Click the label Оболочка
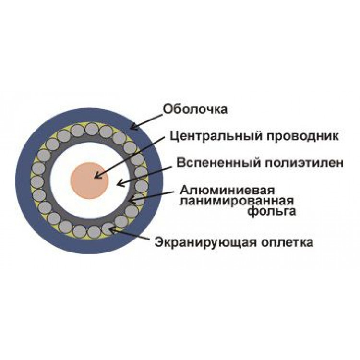[195, 109]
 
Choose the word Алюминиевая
[228, 191]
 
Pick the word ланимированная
[237, 201]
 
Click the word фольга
[272, 211]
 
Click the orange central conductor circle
[89, 180]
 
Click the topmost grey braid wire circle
[92, 129]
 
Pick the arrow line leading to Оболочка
[146, 121]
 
